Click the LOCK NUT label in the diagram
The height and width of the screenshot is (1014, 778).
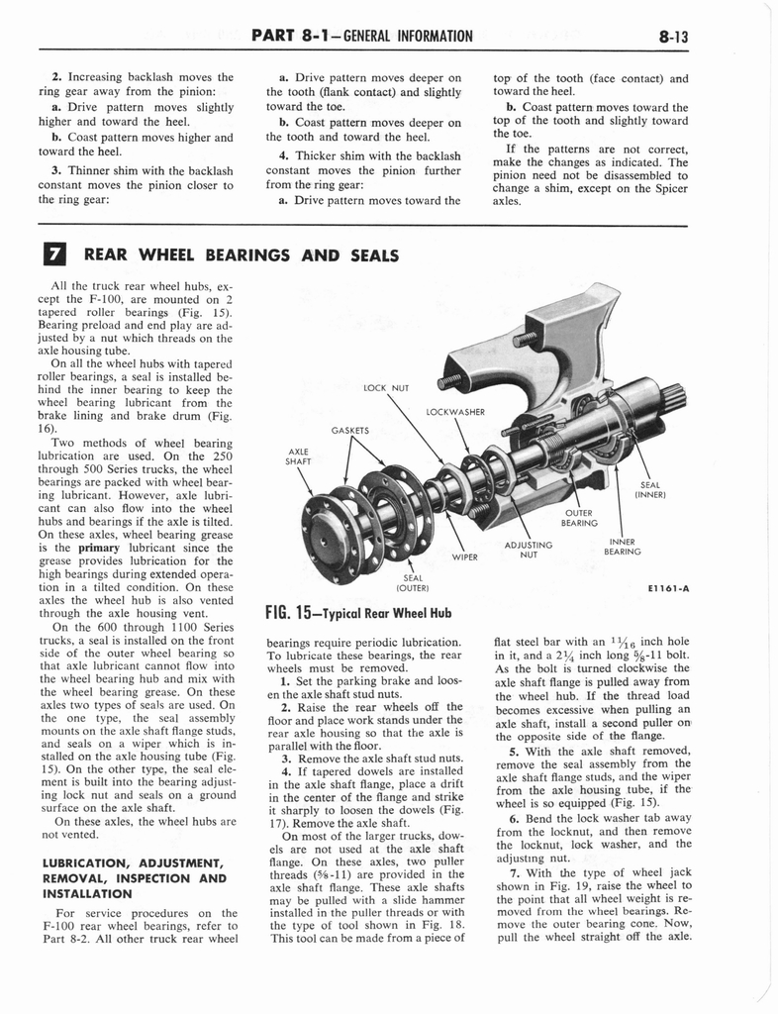coord(387,387)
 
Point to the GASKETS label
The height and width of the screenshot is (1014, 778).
coord(350,431)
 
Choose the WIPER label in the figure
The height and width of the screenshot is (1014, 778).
coord(466,557)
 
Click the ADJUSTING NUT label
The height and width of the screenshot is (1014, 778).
coord(529,550)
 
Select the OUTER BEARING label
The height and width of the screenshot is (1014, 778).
coord(579,518)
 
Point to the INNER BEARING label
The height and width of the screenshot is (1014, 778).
coord(623,547)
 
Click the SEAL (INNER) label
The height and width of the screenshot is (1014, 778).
coord(651,489)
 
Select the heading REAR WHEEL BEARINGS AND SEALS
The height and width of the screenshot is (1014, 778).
coord(241,255)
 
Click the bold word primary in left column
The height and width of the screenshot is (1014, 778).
coord(100,547)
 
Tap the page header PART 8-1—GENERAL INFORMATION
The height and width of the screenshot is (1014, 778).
coord(362,37)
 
